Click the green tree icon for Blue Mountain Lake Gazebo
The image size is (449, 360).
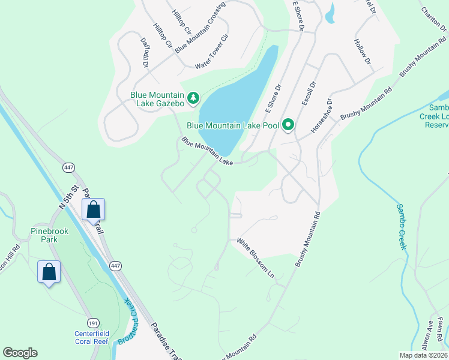point(193,98)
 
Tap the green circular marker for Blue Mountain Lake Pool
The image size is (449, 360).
point(288,125)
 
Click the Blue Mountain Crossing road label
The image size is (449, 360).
point(196,31)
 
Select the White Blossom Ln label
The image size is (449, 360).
point(255,259)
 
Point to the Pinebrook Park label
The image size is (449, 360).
point(49,235)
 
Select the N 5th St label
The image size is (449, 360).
point(69,197)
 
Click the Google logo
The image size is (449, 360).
point(20,353)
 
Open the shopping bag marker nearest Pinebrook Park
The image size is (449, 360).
point(49,272)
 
